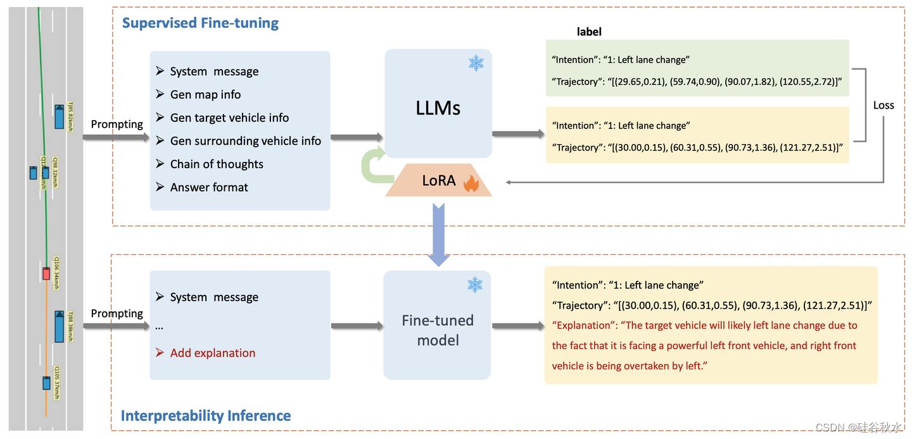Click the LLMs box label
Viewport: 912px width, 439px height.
(438, 108)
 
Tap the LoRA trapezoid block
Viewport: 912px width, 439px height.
(439, 181)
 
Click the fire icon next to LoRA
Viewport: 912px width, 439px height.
(471, 183)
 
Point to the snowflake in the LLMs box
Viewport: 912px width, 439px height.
(476, 63)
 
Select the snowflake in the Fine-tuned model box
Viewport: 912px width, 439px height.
(474, 285)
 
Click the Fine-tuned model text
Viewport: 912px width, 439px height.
(438, 330)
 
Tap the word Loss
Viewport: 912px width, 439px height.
(883, 106)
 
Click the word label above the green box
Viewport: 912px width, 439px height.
(589, 32)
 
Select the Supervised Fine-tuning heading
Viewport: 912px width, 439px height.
(200, 23)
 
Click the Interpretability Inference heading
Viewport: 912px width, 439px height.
(206, 416)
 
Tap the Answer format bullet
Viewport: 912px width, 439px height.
(209, 187)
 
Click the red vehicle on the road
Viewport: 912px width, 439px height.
(46, 273)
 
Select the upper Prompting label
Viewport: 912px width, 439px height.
(117, 124)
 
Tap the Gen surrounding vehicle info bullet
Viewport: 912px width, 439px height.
(245, 141)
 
